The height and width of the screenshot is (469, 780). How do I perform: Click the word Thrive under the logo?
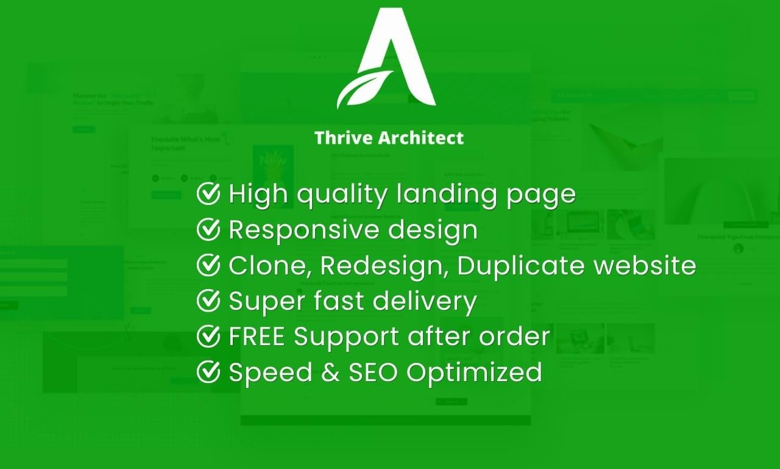click(342, 138)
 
